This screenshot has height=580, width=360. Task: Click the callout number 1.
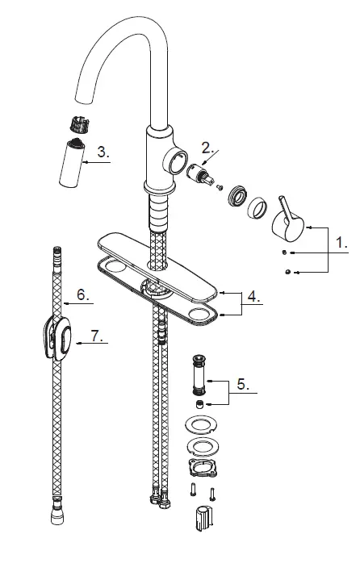click(342, 240)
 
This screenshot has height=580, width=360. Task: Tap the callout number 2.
click(207, 147)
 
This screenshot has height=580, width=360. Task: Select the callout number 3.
click(102, 151)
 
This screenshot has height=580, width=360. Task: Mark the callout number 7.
click(98, 339)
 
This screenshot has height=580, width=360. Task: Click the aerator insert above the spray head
click(74, 127)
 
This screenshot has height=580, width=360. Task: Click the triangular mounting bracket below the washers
click(199, 469)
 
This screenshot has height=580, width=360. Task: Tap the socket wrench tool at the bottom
click(202, 521)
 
